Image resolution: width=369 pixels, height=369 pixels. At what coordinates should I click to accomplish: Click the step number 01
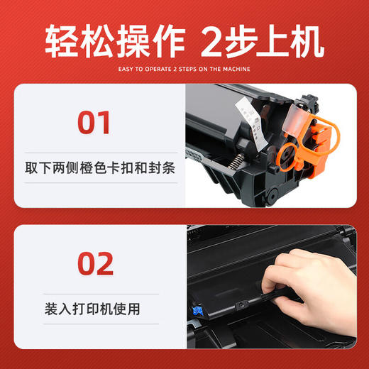point(94,121)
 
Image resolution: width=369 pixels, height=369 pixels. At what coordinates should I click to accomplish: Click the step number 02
point(94,263)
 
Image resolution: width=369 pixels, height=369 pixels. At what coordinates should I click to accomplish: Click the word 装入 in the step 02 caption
point(51,309)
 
